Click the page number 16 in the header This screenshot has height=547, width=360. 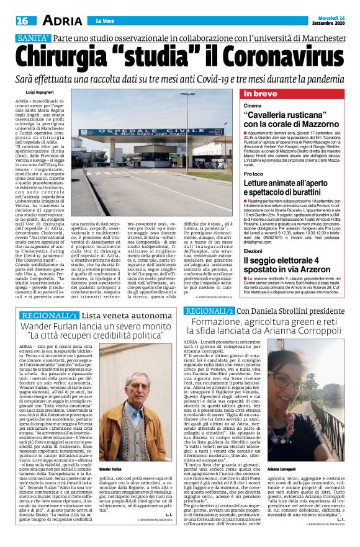pos(23,20)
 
